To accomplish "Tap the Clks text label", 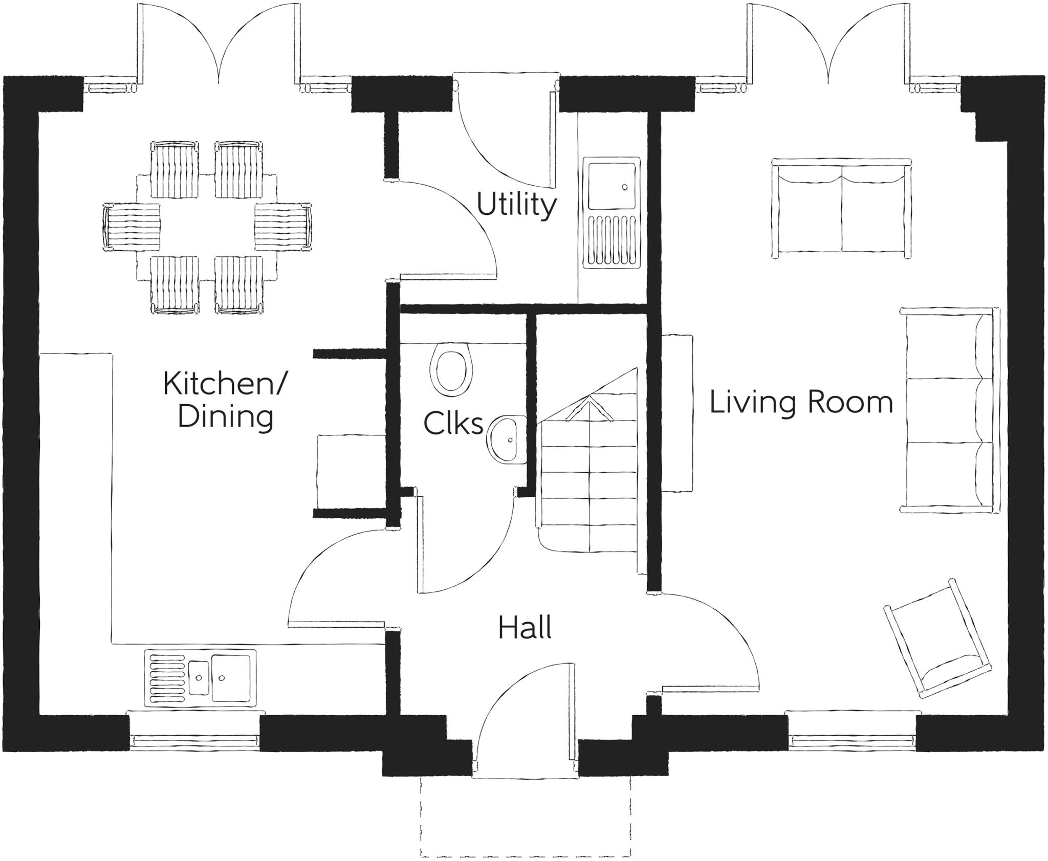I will [x=453, y=424].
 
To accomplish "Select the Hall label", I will [x=525, y=628].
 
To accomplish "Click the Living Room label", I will [x=801, y=402].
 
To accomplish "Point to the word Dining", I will [x=225, y=417].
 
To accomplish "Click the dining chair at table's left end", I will [x=132, y=227].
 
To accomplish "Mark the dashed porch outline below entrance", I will [x=526, y=813].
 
